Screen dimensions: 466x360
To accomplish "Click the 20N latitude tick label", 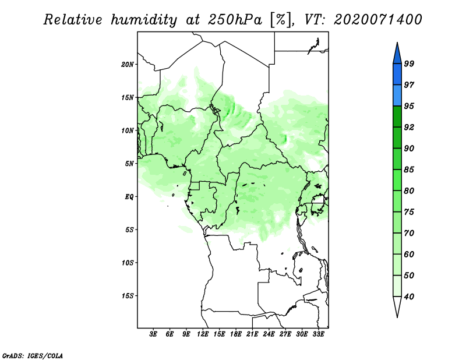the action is tap(128, 64).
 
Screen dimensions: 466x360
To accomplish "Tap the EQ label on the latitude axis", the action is tap(129, 196).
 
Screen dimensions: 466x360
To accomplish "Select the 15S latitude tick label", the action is tap(128, 296).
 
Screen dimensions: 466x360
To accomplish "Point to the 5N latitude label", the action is tap(129, 164).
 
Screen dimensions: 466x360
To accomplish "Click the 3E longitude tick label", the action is tap(153, 334).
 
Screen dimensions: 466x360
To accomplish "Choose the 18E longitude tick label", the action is tap(235, 334).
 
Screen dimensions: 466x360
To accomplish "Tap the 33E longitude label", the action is tap(318, 334).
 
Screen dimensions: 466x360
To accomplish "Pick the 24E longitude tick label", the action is tap(269, 334).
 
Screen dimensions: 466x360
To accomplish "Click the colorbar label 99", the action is tap(409, 63).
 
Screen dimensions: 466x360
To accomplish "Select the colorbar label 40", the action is tap(409, 297).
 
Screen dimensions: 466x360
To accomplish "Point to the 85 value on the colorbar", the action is tap(409, 170).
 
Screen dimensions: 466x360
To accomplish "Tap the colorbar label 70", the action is tap(409, 233).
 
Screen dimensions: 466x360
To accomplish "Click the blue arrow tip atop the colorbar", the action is tap(397, 43).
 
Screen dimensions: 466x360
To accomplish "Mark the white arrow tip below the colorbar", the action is tap(397, 317).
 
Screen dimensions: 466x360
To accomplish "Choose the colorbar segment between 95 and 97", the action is tap(397, 96).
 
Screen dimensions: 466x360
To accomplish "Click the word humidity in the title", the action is tap(144, 20).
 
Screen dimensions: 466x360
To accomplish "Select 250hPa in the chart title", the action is tap(235, 20).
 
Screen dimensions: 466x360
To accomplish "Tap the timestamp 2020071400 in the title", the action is tap(377, 20).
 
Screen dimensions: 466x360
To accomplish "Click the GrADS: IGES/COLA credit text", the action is tap(33, 355).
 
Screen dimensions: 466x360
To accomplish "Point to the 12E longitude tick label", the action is tap(202, 334).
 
